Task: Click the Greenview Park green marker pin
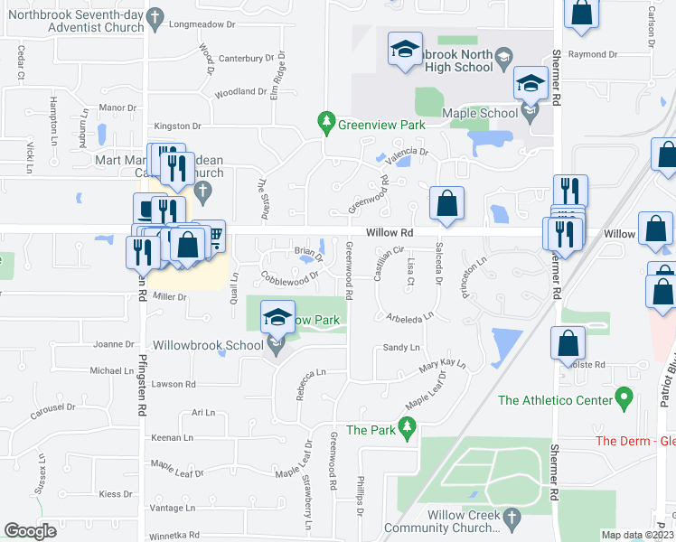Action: [x=325, y=121]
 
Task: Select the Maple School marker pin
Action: [x=530, y=113]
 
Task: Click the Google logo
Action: [x=30, y=531]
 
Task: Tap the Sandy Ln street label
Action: [x=401, y=347]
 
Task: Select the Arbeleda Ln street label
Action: [x=408, y=317]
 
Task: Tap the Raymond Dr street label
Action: [x=593, y=54]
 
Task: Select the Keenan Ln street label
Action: [x=173, y=437]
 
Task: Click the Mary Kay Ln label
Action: [x=441, y=367]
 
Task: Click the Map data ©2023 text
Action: [x=636, y=535]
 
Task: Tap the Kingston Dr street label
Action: [x=177, y=126]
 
